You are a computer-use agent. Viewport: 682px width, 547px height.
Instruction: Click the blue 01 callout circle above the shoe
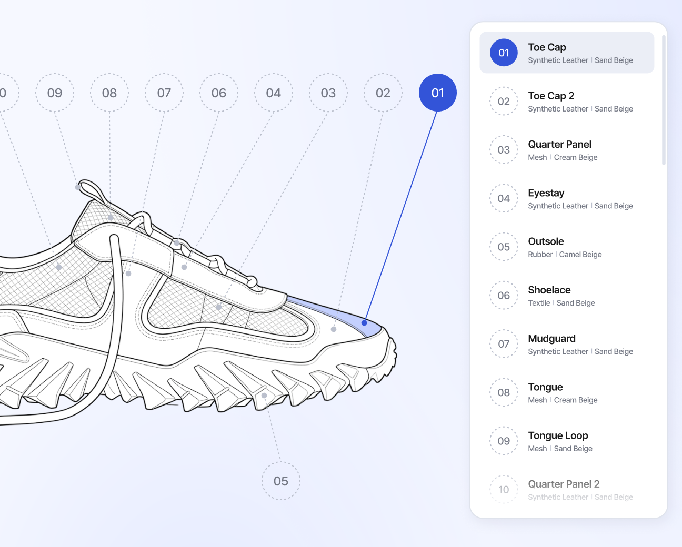[438, 93]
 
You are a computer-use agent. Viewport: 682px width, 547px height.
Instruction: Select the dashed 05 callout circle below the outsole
[281, 481]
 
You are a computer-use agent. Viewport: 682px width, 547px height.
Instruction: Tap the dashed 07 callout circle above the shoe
[164, 93]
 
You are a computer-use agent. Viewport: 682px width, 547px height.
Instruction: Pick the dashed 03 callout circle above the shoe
[328, 93]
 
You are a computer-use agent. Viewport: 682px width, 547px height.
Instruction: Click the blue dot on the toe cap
[364, 323]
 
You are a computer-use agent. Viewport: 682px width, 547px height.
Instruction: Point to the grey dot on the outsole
[264, 396]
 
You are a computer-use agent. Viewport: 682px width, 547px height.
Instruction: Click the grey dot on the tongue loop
[78, 187]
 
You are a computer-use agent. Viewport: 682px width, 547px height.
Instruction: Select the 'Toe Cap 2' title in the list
[551, 96]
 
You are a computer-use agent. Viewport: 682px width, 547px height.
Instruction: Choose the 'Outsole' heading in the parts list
[546, 241]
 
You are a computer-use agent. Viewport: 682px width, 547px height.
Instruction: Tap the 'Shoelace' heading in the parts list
[549, 290]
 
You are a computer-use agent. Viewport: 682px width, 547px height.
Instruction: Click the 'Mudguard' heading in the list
[551, 339]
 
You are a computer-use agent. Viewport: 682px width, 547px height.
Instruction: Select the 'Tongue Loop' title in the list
[558, 436]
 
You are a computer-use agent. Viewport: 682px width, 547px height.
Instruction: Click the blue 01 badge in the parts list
[504, 52]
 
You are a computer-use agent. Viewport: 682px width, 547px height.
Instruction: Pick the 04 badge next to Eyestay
[504, 198]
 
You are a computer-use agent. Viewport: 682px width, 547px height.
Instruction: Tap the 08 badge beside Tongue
[504, 392]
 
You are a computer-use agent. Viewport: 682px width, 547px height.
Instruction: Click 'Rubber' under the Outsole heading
[540, 255]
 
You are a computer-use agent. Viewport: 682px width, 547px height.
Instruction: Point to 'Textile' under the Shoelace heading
[539, 303]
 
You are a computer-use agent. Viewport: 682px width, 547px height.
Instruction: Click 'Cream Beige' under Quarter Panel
[576, 157]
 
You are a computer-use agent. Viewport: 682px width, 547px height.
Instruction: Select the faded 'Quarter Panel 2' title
[564, 484]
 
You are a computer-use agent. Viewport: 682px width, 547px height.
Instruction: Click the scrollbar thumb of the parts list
[664, 100]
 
